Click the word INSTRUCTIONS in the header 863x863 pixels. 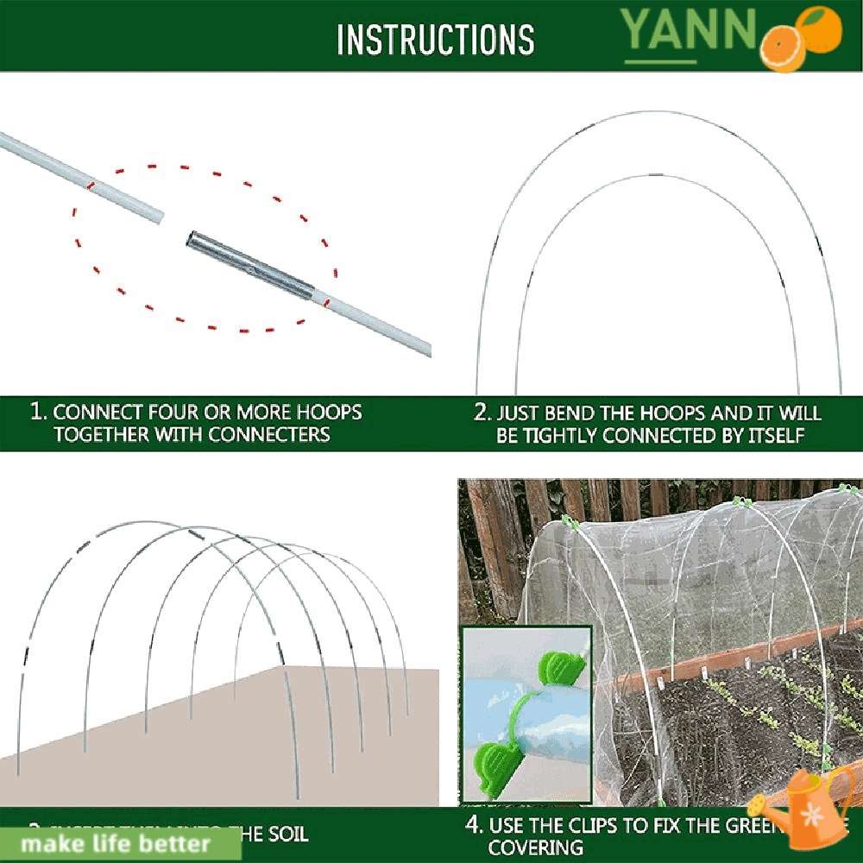coord(435,39)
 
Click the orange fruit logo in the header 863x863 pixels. coord(801,38)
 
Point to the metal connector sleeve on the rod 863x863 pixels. coord(250,262)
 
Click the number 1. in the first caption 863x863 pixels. coord(39,412)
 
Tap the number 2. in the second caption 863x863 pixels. coord(482,413)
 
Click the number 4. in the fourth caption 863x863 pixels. coord(474,826)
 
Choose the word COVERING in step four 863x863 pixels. coord(535,848)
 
